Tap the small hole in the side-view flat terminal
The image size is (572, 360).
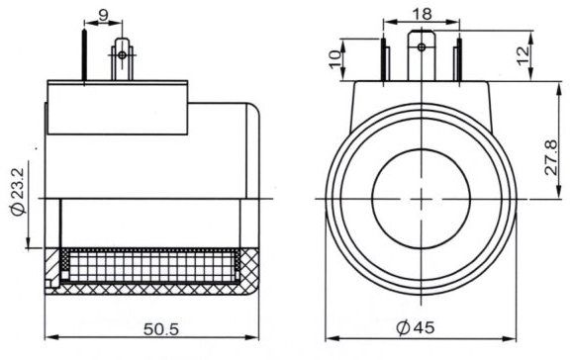click(x=122, y=54)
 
